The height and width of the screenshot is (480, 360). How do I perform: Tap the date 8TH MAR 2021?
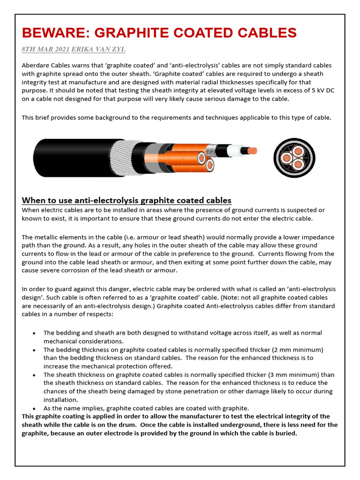tap(45, 49)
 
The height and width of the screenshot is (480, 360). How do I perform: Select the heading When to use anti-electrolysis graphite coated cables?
tap(127, 201)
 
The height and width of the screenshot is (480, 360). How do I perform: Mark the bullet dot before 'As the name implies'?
tap(35, 408)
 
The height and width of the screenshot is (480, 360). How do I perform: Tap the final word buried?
tap(286, 433)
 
